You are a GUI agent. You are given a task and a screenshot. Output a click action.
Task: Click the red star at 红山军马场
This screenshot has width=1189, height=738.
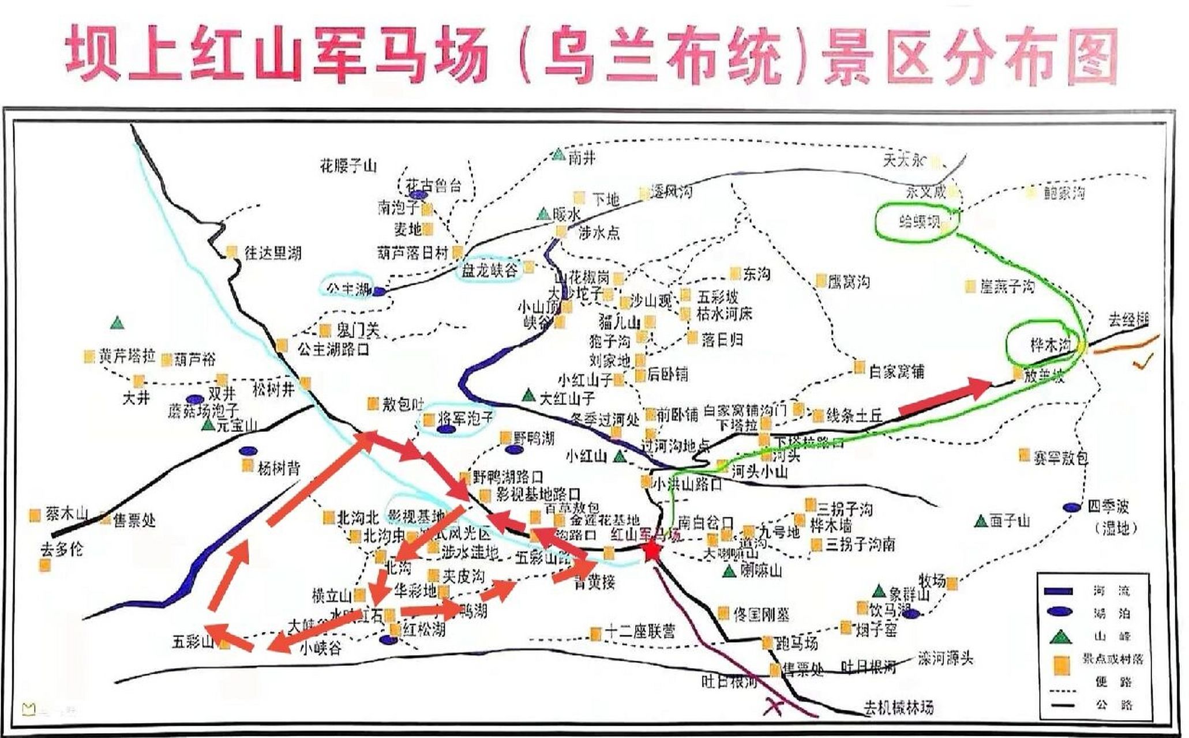click(651, 551)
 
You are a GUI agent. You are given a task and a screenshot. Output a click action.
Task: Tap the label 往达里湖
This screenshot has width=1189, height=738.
click(272, 253)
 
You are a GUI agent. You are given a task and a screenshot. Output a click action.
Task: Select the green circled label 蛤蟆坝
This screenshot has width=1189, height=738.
click(919, 221)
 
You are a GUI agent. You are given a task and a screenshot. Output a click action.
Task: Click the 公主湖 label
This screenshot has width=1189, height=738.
click(348, 288)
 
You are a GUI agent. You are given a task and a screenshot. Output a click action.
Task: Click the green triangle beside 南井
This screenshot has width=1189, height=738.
click(558, 155)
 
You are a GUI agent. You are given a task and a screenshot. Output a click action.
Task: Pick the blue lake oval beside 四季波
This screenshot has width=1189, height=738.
click(1072, 507)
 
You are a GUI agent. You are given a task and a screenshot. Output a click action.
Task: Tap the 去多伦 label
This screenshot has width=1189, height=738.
click(62, 549)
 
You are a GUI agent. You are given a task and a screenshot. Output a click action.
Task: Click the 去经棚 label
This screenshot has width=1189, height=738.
click(1129, 320)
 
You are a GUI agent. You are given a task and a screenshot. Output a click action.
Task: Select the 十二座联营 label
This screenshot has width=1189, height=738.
click(640, 632)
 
